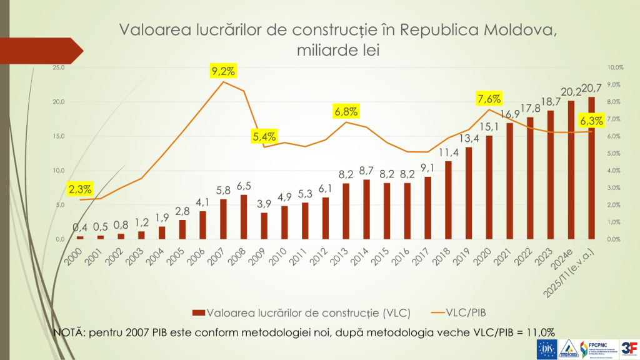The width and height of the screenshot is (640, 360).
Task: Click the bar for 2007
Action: (223, 219)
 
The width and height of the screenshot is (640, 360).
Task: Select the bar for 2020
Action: (489, 187)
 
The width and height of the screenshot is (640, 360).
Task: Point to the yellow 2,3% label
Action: (81, 187)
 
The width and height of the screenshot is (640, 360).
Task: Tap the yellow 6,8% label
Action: (346, 112)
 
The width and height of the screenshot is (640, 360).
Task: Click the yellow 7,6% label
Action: (489, 99)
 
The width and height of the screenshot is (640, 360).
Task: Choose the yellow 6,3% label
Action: (591, 121)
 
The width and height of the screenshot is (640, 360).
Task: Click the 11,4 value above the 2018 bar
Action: (447, 152)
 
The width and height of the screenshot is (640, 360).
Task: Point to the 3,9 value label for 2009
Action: (264, 204)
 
